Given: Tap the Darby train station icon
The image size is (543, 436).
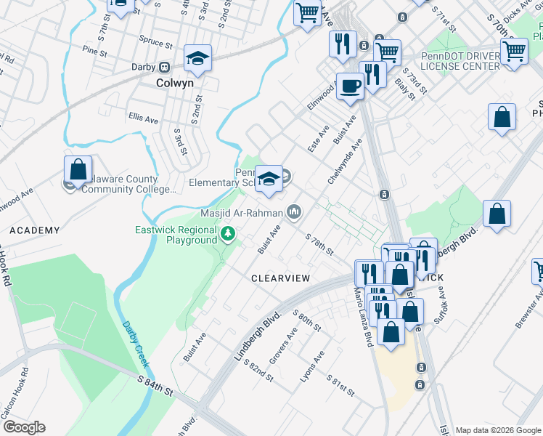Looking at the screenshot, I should pos(165,67).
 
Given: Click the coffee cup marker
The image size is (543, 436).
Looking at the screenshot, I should pos(351,85).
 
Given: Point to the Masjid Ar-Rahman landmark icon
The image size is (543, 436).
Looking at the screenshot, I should pos(294,212).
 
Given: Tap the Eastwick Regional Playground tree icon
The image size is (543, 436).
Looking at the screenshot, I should pos(229,233).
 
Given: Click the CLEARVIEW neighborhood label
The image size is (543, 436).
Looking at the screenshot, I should pos(280,278).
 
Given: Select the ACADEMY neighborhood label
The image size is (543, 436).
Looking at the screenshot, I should pos(34,230).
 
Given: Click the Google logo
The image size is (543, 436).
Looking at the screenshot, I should pos(24,427).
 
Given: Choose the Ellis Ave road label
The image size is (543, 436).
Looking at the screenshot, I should pos(143,118).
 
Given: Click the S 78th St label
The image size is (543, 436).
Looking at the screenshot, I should pos(319,245).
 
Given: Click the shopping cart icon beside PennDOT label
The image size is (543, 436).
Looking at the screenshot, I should pos(514,52).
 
